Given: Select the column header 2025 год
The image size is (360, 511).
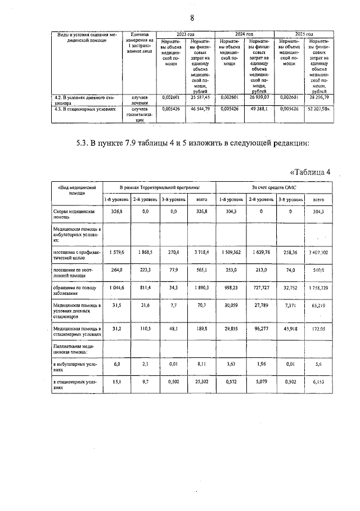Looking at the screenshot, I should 304,34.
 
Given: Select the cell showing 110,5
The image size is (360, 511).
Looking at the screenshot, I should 145,328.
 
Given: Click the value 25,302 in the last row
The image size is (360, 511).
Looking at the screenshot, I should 199,383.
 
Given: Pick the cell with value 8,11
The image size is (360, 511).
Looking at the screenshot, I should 199,364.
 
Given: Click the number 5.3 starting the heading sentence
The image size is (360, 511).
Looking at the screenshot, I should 85,142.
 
